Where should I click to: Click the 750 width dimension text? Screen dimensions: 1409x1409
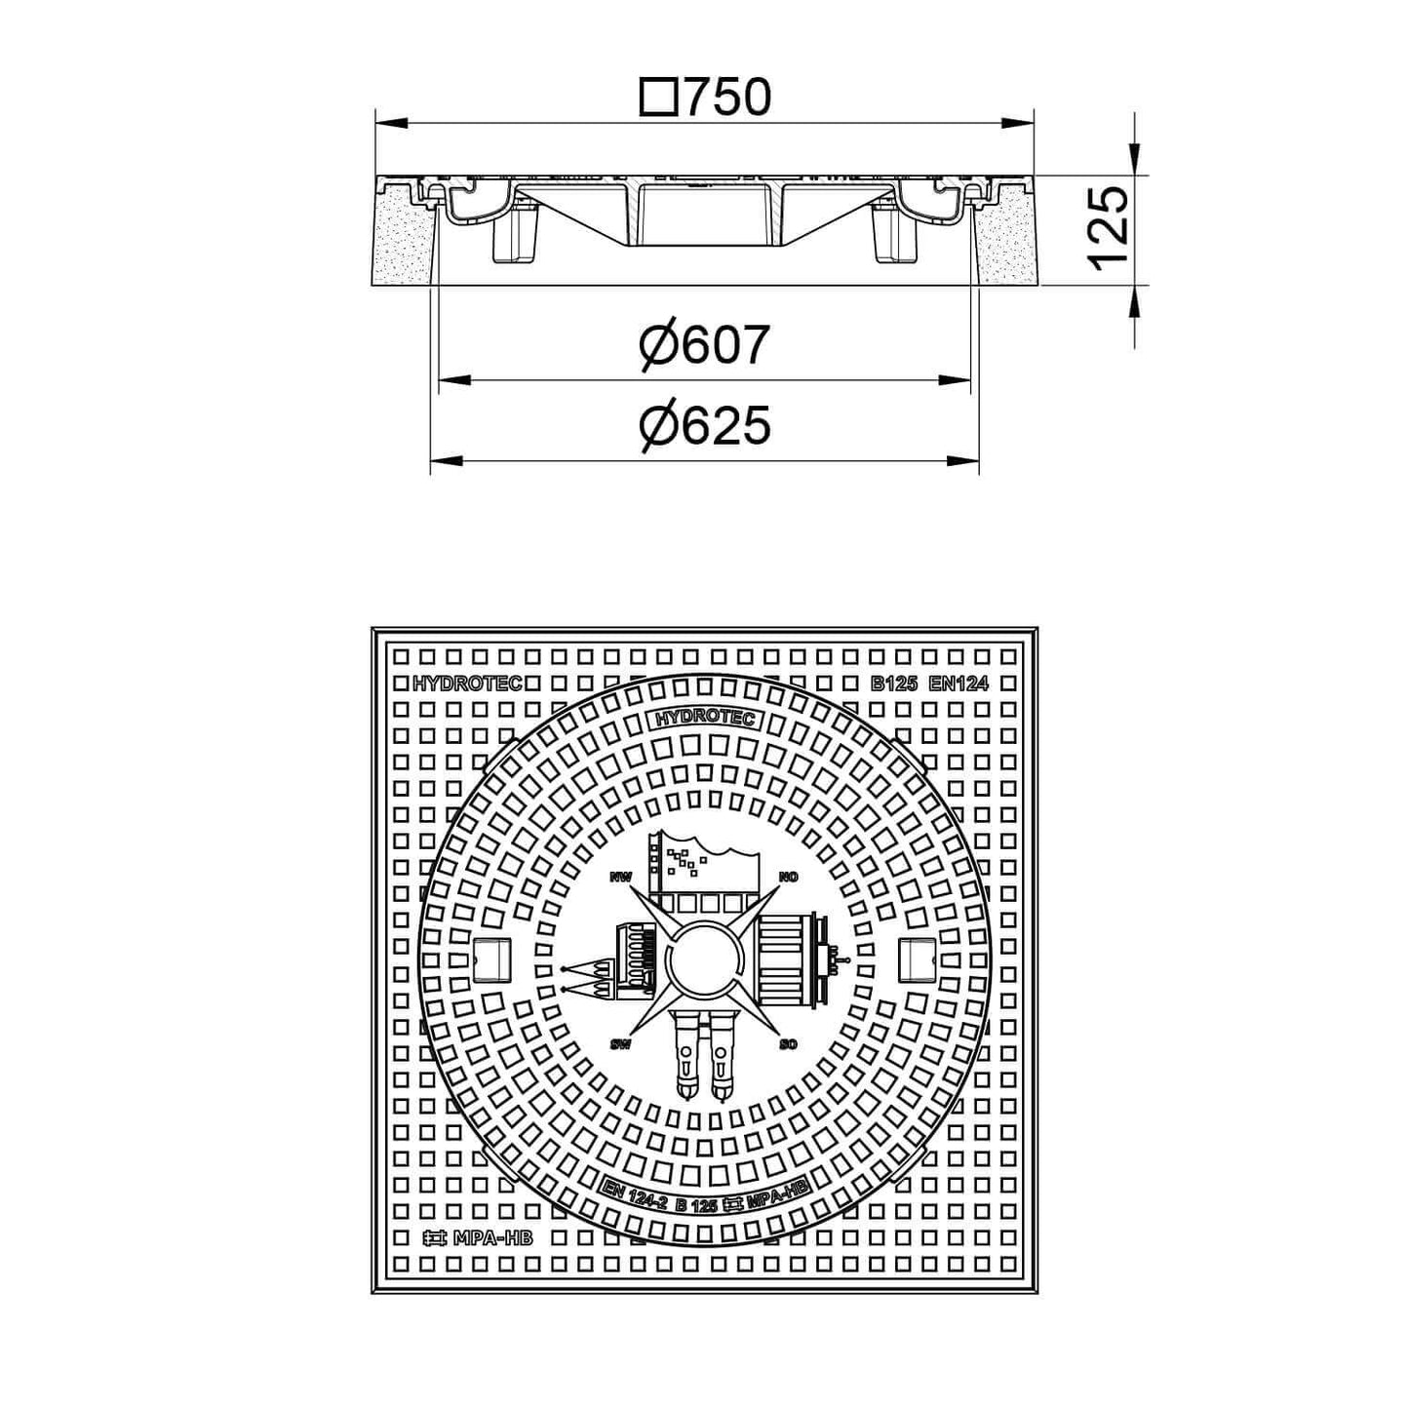click(x=726, y=97)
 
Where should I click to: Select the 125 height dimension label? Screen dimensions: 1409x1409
click(x=1108, y=230)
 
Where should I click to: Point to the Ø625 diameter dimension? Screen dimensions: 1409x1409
click(x=704, y=425)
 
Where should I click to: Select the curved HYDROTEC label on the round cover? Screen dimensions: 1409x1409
click(x=704, y=720)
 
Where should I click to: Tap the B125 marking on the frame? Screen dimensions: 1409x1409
click(x=893, y=685)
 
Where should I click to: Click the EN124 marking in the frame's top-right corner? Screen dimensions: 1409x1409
click(x=959, y=685)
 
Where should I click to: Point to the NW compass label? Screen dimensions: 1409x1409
click(x=620, y=878)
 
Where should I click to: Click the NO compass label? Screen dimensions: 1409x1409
click(x=789, y=878)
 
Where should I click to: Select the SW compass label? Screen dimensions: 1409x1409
click(x=620, y=1044)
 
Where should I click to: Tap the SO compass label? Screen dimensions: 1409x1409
click(x=789, y=1044)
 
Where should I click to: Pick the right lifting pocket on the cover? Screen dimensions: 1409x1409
click(x=918, y=960)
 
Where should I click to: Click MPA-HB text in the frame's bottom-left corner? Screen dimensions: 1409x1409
click(x=477, y=1239)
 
